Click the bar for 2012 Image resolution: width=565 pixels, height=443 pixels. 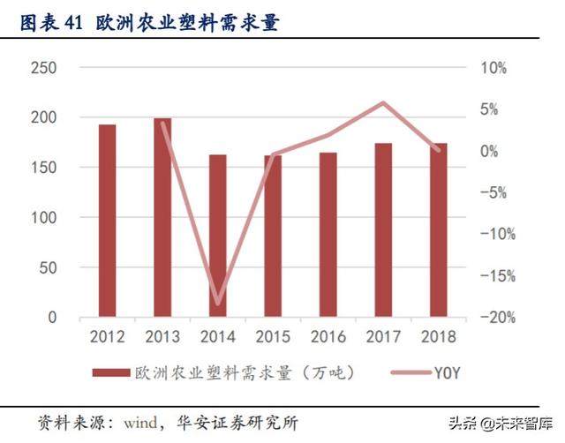pyautogui.click(x=107, y=221)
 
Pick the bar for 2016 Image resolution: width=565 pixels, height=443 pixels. pyautogui.click(x=328, y=235)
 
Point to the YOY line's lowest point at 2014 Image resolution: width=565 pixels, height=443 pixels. pyautogui.click(x=217, y=304)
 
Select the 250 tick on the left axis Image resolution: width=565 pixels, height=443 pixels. pyautogui.click(x=43, y=69)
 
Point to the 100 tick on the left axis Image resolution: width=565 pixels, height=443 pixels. pyautogui.click(x=43, y=217)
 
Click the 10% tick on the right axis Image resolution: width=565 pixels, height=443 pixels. pyautogui.click(x=493, y=69)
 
